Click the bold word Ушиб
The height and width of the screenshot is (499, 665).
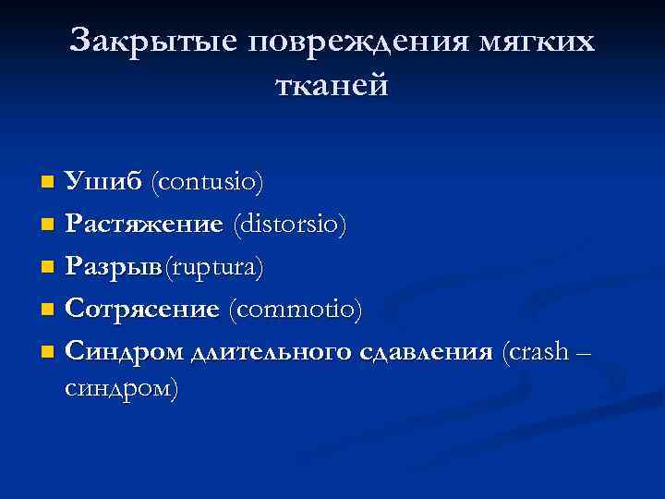(x=102, y=182)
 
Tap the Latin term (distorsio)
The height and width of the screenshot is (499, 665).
(x=290, y=225)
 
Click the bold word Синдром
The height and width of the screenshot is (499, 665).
(x=124, y=352)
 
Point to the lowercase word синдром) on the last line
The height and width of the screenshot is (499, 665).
(x=123, y=388)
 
